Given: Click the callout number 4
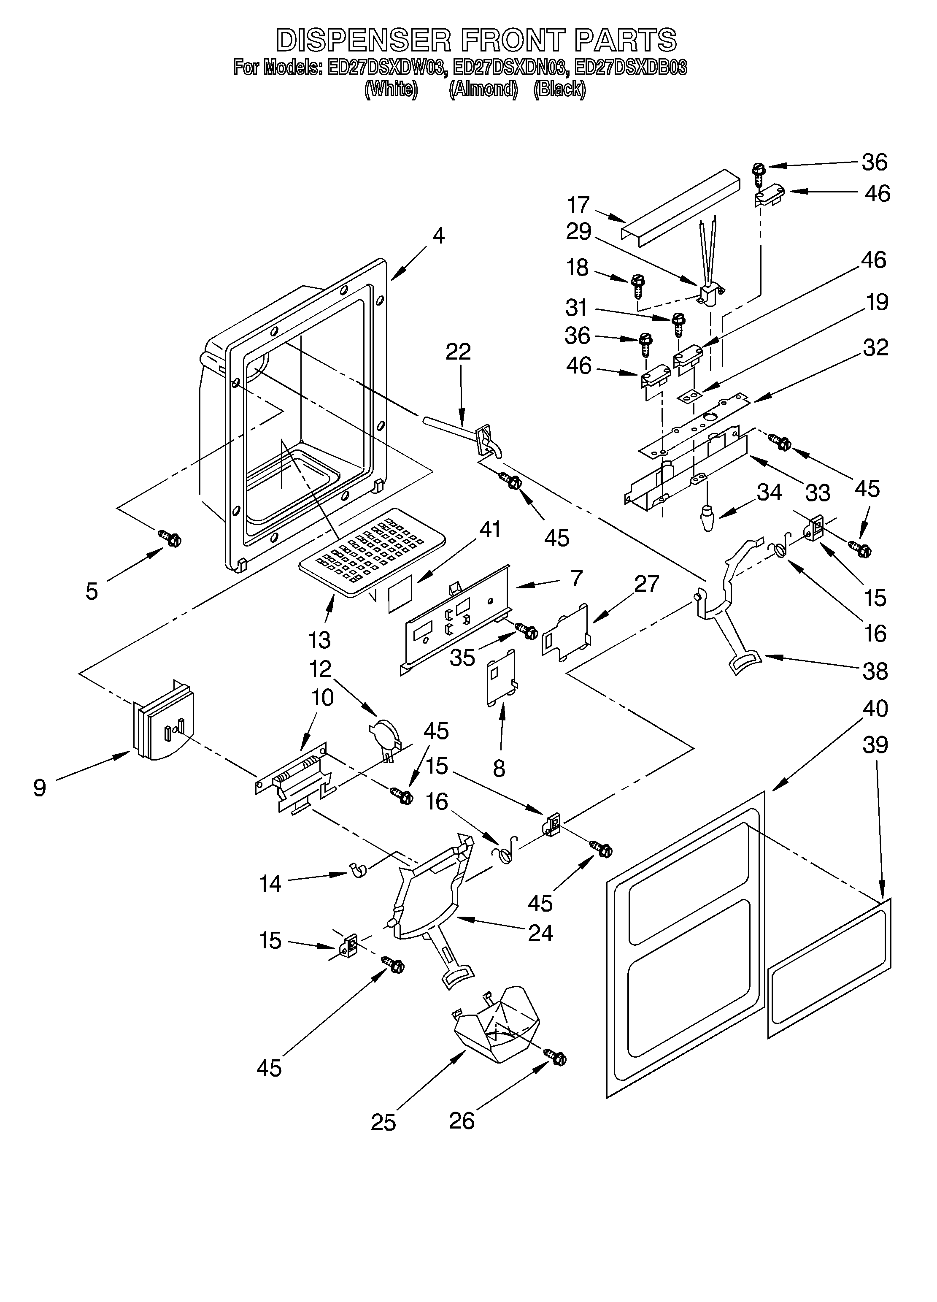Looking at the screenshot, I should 438,236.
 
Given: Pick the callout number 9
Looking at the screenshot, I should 40,788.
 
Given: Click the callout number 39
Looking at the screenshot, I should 875,745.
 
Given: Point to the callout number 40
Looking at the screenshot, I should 875,709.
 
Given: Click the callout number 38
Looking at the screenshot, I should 875,671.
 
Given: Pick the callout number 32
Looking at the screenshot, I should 875,347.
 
